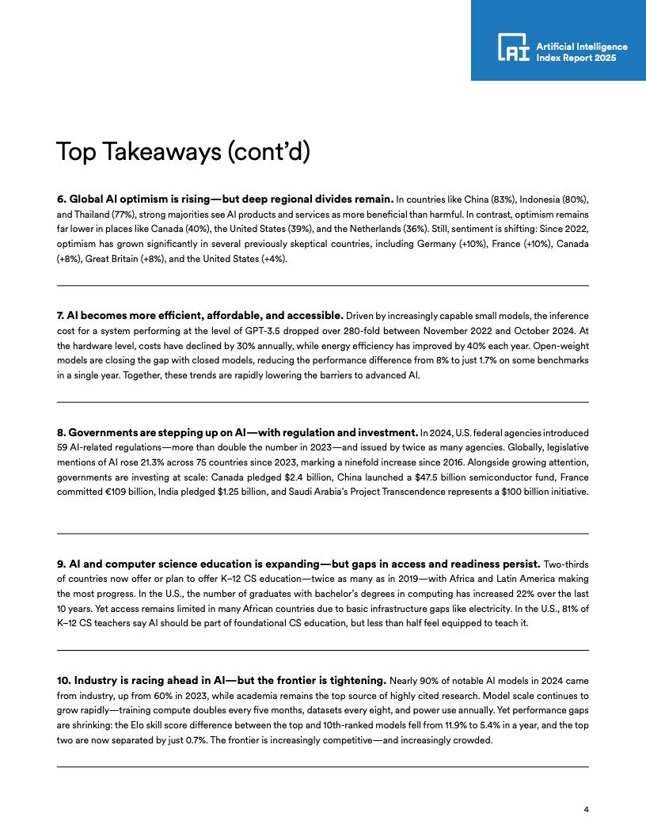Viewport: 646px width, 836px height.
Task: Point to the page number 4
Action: (x=586, y=809)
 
